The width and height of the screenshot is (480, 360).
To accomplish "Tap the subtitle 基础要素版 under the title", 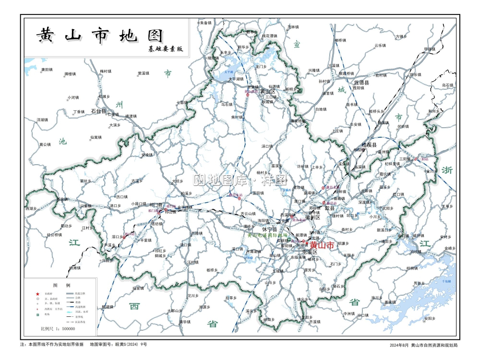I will [166, 49].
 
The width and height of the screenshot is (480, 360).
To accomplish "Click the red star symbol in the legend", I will [37, 294].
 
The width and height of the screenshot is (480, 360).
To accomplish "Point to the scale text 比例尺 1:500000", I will [58, 329].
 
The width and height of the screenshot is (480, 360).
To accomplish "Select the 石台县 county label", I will [98, 111].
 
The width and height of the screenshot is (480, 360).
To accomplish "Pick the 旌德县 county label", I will [361, 83].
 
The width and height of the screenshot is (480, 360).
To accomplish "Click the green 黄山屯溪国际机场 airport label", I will [267, 235].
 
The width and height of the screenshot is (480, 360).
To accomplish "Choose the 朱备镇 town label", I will [205, 23].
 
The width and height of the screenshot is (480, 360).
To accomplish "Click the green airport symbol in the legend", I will [37, 315].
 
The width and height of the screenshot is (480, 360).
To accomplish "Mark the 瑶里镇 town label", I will [138, 288].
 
